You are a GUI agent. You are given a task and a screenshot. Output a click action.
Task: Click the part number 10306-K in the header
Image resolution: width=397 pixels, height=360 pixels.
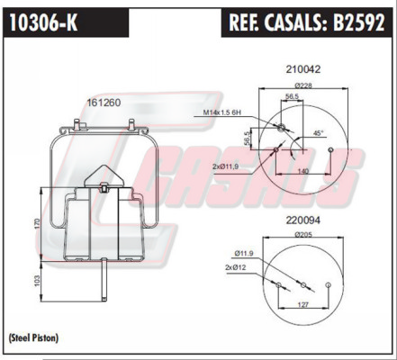43,22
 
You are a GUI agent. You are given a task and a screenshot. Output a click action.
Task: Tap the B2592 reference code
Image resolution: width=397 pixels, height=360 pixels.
358,22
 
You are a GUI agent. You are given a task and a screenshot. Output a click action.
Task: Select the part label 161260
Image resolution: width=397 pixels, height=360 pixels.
104,103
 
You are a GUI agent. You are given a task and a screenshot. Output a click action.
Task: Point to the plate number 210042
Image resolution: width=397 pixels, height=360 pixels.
303,69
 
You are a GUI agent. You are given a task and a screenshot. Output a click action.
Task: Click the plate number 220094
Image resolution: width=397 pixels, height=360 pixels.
303,220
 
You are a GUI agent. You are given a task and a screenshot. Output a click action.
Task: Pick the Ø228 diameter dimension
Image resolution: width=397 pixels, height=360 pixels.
303,85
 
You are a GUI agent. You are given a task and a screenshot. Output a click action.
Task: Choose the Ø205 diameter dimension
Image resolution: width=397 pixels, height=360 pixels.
303,235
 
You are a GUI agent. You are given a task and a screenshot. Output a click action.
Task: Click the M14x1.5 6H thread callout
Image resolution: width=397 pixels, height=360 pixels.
222,112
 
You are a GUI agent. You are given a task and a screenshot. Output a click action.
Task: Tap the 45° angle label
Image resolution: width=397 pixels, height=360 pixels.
319,133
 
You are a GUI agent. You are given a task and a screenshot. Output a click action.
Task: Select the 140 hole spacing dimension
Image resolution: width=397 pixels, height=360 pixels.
303,171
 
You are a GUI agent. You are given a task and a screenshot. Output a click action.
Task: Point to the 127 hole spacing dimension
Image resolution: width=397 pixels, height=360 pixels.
303,305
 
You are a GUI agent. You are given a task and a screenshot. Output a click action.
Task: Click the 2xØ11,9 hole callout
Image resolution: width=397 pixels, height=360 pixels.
225,166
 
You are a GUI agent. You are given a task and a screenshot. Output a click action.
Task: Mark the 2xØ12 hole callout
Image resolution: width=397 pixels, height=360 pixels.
235,267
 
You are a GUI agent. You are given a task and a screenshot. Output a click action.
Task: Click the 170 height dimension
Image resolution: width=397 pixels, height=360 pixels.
37,224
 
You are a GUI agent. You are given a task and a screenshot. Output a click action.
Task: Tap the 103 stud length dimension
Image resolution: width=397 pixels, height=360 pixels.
37,281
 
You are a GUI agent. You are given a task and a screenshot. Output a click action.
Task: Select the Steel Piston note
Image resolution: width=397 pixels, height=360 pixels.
33,338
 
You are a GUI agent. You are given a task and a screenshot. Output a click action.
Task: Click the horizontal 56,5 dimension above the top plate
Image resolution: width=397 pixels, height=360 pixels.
292,96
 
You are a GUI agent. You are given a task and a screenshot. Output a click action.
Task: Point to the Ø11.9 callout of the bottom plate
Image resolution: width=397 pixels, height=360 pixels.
244,254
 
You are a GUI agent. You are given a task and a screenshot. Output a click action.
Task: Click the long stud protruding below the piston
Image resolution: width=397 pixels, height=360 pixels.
104,279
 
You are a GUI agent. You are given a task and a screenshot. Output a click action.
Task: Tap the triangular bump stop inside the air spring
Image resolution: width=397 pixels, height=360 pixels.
104,177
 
